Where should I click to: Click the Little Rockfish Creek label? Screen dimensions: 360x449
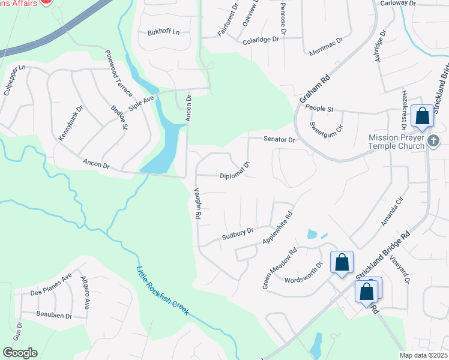point(163,291)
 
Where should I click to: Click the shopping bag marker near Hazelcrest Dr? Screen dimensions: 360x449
point(423,115)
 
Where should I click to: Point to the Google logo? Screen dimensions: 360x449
point(20,353)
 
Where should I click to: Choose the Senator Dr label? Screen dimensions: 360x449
point(280,139)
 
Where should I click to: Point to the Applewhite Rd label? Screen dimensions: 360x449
point(277,229)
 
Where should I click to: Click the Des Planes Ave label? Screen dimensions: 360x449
point(51,285)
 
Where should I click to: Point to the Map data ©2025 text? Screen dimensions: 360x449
point(424,355)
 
